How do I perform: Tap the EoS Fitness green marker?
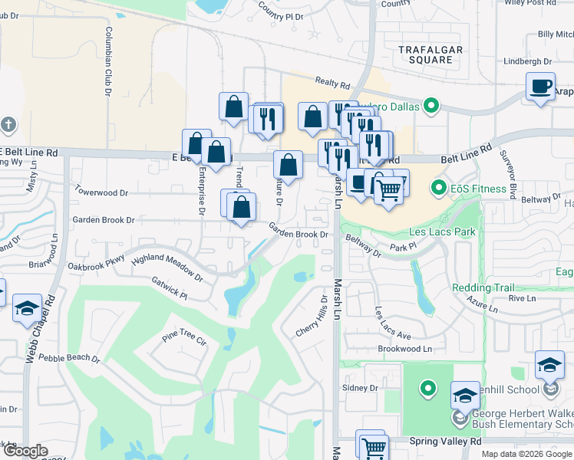click(x=440, y=187)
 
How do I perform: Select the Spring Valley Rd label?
click(x=445, y=441)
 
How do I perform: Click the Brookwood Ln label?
click(x=405, y=348)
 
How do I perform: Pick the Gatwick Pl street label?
click(x=169, y=288)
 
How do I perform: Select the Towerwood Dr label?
click(x=101, y=192)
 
